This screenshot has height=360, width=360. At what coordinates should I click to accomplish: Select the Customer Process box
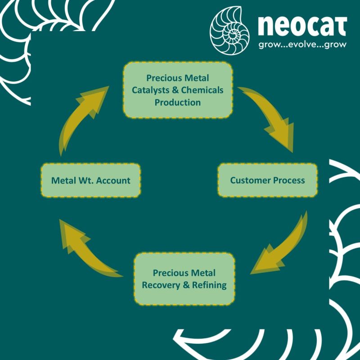coord(267,180)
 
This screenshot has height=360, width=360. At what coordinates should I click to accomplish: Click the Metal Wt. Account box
coord(90,180)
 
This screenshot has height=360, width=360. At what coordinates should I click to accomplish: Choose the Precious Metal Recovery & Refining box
coord(184,279)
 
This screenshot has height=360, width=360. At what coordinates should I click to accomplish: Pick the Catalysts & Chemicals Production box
coord(177,90)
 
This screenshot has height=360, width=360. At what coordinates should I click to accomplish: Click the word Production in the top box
coord(177,102)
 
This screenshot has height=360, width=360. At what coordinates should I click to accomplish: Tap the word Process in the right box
coord(288,180)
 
